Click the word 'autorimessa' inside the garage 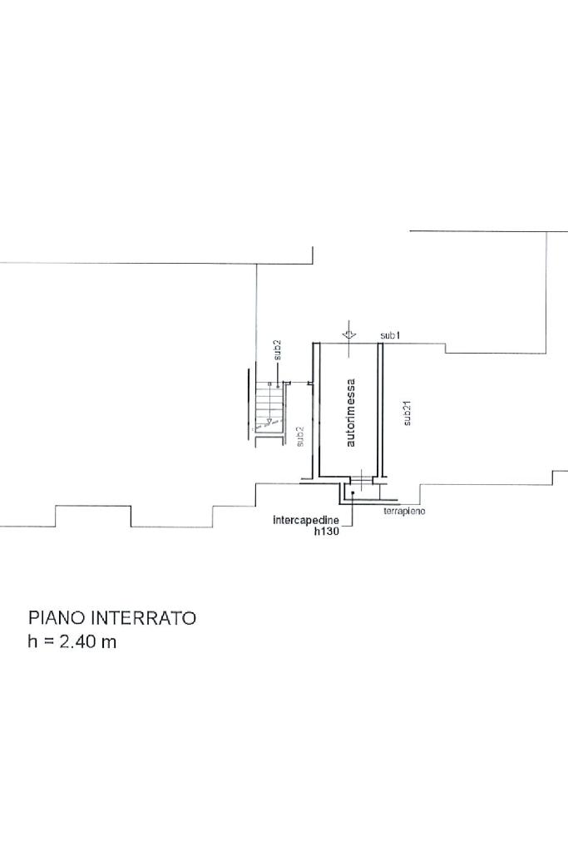point(351,413)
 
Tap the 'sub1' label point(390,335)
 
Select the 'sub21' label point(407,413)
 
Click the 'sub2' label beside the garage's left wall point(299,436)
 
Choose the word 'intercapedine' point(306,521)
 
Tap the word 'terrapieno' point(404,512)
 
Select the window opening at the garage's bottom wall point(362,479)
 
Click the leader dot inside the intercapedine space point(353,492)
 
